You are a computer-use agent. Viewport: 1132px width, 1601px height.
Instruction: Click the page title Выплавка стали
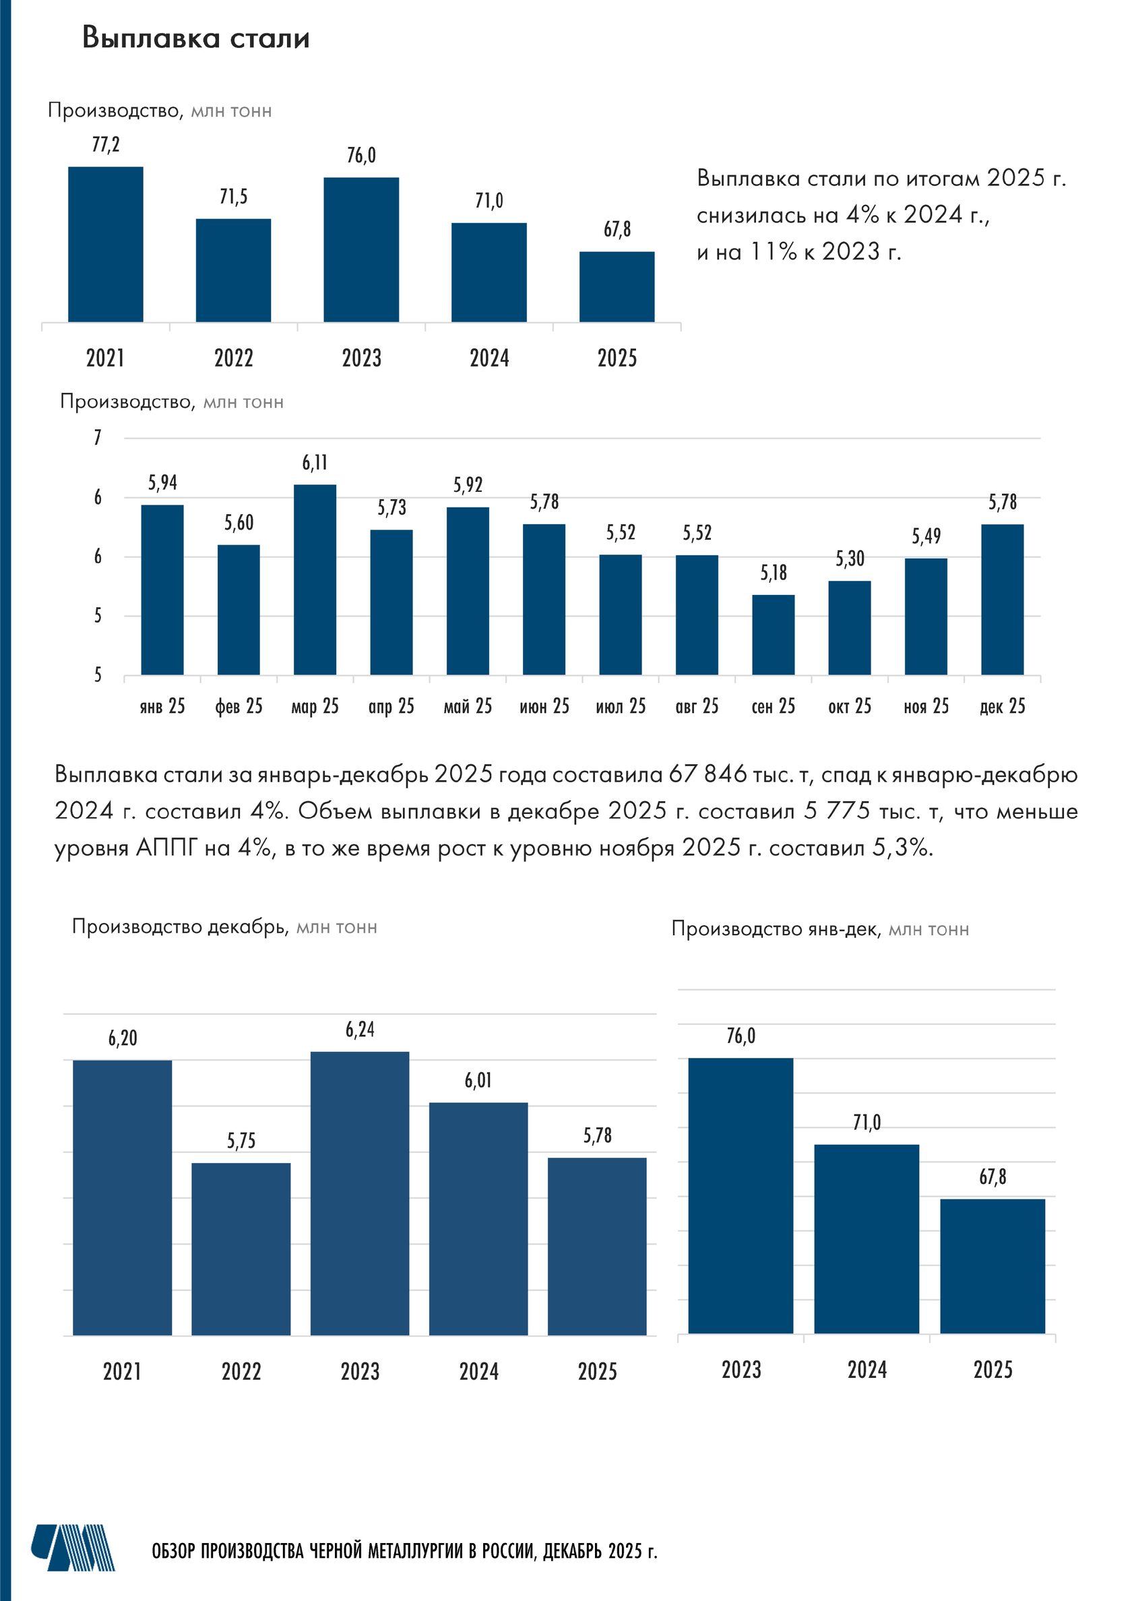coord(196,38)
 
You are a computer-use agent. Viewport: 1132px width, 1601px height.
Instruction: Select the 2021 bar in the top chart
coord(105,244)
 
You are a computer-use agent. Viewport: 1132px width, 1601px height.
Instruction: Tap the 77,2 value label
coord(105,144)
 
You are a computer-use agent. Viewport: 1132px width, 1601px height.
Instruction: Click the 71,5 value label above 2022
coord(233,197)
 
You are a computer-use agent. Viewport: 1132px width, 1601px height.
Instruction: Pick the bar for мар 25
coord(315,579)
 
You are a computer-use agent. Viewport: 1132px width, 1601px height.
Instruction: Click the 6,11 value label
coord(315,463)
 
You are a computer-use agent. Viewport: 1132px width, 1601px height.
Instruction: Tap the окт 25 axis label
coord(850,706)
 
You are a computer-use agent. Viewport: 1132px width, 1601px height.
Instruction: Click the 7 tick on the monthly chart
coord(98,438)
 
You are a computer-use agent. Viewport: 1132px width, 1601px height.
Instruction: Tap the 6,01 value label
coord(478,1081)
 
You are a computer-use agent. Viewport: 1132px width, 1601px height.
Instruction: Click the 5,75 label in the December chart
coord(241,1141)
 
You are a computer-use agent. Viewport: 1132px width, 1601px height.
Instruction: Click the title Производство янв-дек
coord(774,929)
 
